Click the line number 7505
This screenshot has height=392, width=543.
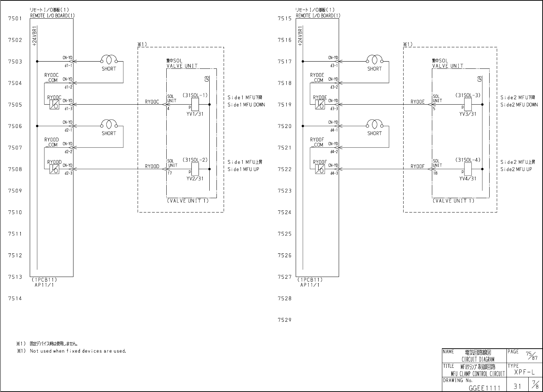pyautogui.click(x=15, y=105)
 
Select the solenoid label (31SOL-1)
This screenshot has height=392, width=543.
pyautogui.click(x=195, y=95)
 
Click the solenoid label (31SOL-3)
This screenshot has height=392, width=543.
pyautogui.click(x=468, y=95)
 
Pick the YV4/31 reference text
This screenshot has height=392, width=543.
pyautogui.click(x=468, y=178)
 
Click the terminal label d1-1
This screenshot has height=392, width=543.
pyautogui.click(x=68, y=65)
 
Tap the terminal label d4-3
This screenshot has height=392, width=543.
pyautogui.click(x=334, y=173)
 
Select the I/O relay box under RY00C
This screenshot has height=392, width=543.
pyautogui.click(x=54, y=104)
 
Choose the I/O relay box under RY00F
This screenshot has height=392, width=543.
pyautogui.click(x=320, y=169)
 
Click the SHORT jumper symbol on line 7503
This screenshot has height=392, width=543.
pyautogui.click(x=109, y=59)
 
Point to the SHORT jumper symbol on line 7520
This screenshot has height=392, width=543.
pyautogui.click(x=375, y=124)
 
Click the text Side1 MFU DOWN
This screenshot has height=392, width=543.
pyautogui.click(x=246, y=105)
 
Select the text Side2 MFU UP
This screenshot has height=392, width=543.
pyautogui.click(x=516, y=169)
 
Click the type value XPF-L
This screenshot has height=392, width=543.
pyautogui.click(x=524, y=372)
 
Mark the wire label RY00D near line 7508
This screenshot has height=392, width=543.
pyautogui.click(x=152, y=167)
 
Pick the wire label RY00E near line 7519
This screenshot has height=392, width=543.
pyautogui.click(x=418, y=102)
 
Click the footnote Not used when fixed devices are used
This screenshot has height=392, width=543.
pyautogui.click(x=78, y=351)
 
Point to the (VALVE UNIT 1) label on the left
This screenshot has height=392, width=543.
pyautogui.click(x=187, y=201)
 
